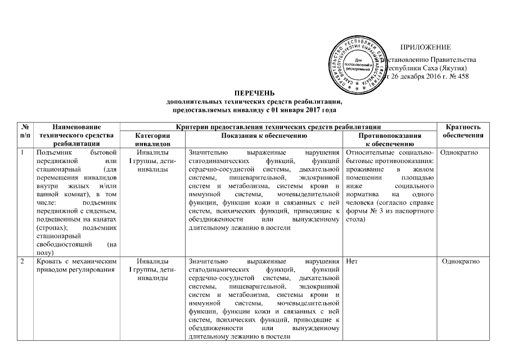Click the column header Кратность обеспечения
click(x=463, y=132)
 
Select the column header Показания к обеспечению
click(x=263, y=136)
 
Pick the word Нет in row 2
click(x=353, y=262)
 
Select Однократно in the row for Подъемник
click(x=463, y=152)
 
